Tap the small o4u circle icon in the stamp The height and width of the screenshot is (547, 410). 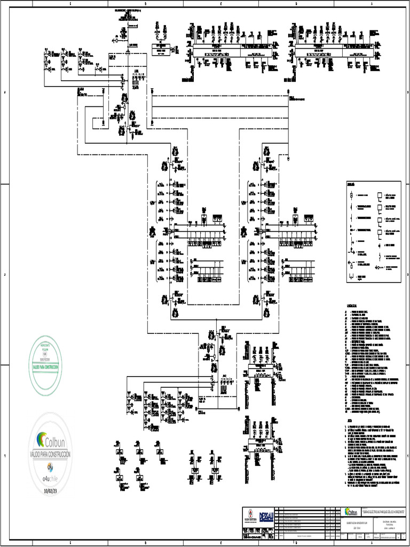point(51,468)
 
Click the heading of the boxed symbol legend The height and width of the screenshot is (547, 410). point(351,185)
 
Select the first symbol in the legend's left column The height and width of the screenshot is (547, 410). point(351,196)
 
